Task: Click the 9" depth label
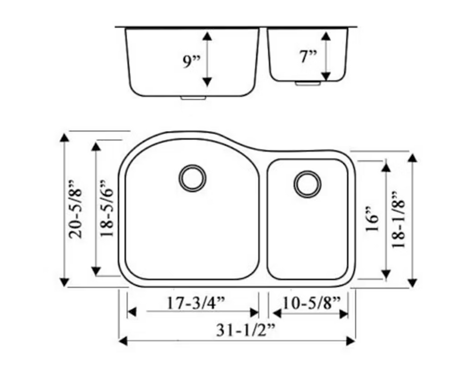pyautogui.click(x=192, y=62)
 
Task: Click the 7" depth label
pyautogui.click(x=308, y=57)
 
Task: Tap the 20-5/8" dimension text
pyautogui.click(x=75, y=209)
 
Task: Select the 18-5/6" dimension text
pyautogui.click(x=107, y=208)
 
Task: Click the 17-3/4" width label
pyautogui.click(x=196, y=303)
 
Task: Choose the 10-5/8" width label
pyautogui.click(x=311, y=303)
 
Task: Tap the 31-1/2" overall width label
pyautogui.click(x=246, y=331)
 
